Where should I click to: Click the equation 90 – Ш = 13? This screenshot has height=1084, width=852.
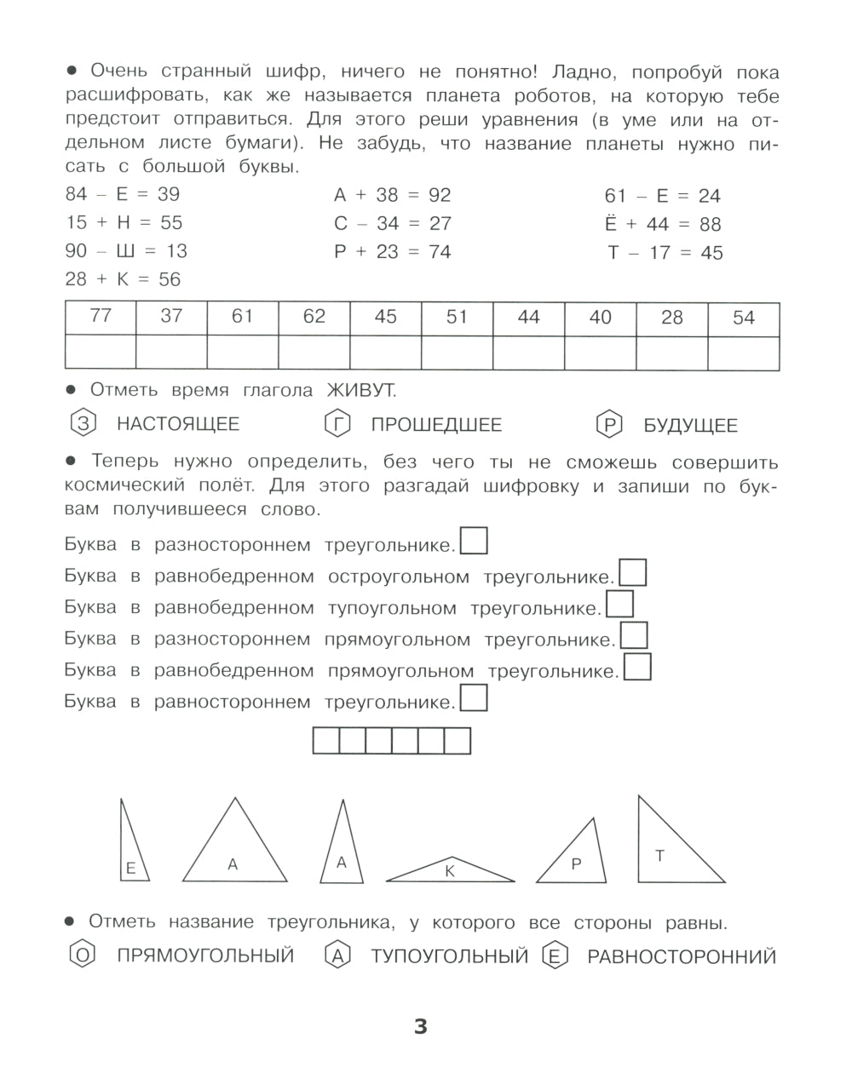click(x=126, y=251)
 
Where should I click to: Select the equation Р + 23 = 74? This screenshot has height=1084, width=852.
click(x=392, y=252)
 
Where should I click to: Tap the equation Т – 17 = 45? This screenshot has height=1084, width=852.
click(x=665, y=253)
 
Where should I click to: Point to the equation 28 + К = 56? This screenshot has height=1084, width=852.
click(x=123, y=279)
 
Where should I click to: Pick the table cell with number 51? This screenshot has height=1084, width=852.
click(x=458, y=317)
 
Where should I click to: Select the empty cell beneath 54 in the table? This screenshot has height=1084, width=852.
click(x=744, y=353)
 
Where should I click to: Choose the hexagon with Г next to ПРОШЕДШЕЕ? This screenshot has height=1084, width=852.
click(x=337, y=423)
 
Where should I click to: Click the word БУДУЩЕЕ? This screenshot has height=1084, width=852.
click(x=690, y=425)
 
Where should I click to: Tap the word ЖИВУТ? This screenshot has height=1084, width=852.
click(x=360, y=390)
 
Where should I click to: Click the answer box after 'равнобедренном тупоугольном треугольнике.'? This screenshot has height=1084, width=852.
click(x=619, y=605)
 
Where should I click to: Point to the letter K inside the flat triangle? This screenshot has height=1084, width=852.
click(x=450, y=870)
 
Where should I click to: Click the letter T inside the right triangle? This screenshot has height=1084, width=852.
click(x=659, y=856)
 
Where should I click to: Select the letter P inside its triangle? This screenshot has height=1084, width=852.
click(x=576, y=863)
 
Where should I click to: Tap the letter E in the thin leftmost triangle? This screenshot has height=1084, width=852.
click(x=130, y=869)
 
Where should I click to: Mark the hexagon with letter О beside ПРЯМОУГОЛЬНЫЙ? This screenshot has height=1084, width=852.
click(x=82, y=955)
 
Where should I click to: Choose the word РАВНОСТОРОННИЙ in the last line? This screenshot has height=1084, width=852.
click(x=682, y=957)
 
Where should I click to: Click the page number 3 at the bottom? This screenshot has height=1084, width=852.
click(x=420, y=1027)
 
